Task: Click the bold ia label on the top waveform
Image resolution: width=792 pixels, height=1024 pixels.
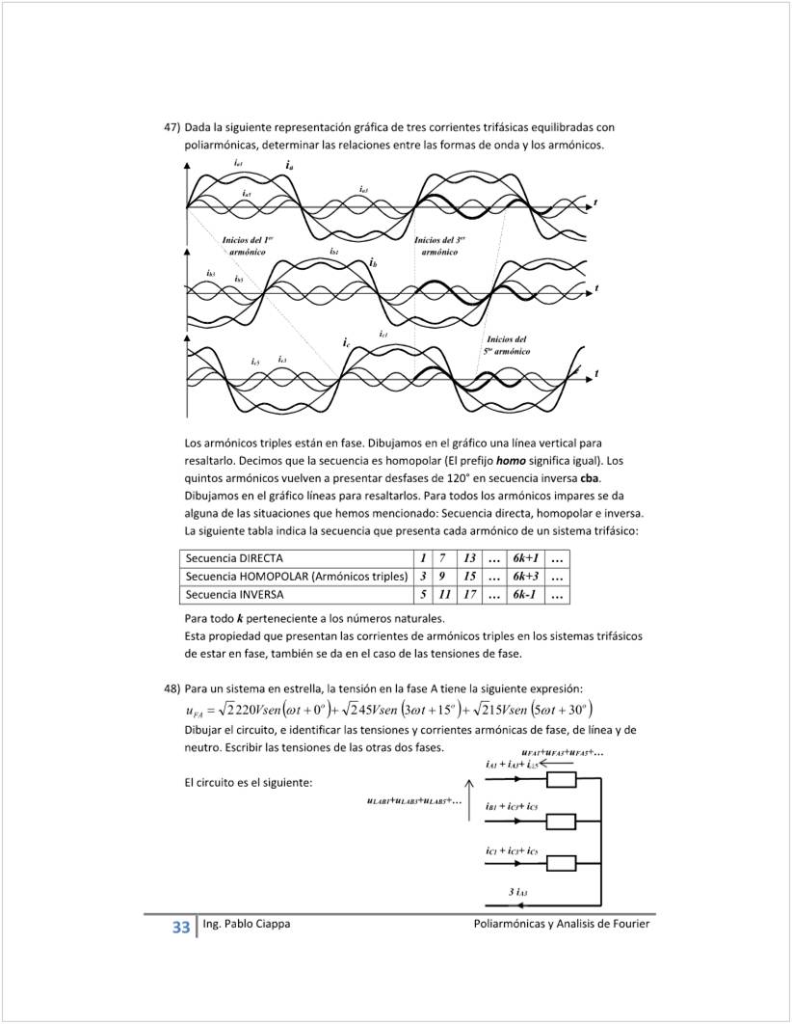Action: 290,166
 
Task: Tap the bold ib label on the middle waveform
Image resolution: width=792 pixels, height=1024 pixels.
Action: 373,262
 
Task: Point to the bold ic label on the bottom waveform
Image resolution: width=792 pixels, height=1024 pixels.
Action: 345,342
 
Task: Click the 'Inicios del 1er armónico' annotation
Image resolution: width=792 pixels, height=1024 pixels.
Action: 248,245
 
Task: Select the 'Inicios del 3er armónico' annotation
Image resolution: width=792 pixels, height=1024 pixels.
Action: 439,245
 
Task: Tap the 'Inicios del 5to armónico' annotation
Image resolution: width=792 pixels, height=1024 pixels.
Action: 506,345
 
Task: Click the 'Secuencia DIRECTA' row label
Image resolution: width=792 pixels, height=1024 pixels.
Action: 234,558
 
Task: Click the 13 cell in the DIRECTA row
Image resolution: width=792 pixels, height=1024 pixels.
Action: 469,558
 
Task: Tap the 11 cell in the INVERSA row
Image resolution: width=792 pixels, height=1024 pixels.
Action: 444,595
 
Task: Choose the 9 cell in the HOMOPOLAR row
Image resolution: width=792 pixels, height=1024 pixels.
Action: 444,577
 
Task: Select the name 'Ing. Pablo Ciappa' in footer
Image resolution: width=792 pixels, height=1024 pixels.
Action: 247,924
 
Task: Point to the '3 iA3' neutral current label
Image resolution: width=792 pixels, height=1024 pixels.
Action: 517,893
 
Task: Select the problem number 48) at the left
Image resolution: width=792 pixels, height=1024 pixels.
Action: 172,687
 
